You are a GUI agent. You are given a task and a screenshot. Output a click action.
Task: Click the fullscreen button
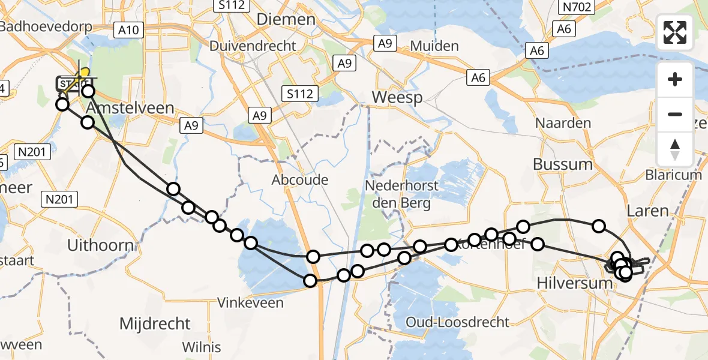coord(676,32)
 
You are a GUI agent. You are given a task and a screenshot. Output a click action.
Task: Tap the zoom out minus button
coord(676,114)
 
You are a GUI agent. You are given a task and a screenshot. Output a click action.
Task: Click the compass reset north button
coord(676,149)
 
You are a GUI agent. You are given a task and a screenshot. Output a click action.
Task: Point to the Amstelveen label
coord(131,109)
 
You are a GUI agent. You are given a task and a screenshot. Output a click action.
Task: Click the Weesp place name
coord(397,97)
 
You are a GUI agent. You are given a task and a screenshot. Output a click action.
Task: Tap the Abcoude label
coord(300,179)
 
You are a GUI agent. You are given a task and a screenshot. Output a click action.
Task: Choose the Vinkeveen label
coord(251,302)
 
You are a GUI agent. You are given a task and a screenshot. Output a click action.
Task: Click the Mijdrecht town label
coord(155,324)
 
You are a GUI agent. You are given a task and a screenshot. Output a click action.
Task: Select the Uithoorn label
coord(100,245)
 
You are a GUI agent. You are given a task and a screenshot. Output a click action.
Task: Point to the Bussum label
coord(563,164)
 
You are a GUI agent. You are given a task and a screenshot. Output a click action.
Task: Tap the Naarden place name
coord(563,123)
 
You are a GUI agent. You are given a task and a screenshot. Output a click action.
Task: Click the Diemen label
coord(286,19)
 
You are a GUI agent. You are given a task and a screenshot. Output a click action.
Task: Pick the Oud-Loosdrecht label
coord(458,322)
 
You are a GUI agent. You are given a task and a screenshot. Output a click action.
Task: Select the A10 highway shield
coord(129,30)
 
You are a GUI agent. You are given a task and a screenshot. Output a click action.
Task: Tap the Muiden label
coord(434,46)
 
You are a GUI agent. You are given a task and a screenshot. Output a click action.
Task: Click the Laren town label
coord(647,211)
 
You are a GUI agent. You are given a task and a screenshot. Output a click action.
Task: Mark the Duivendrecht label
coord(253,46)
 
